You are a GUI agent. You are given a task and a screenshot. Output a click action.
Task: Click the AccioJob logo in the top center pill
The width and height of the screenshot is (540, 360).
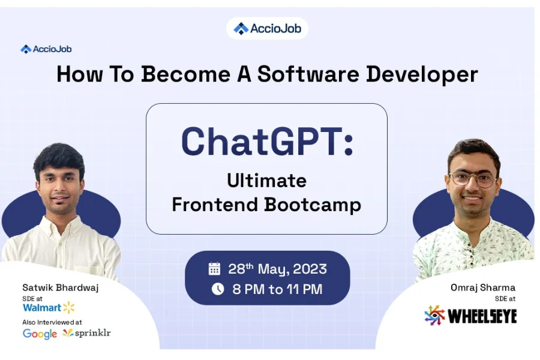point(267,28)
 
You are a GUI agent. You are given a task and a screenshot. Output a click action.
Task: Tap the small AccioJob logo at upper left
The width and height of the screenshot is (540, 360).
point(46,49)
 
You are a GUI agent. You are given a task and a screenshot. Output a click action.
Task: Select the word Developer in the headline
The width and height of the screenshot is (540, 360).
point(422,74)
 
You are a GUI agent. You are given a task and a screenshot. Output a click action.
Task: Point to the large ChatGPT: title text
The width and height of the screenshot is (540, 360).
point(267,142)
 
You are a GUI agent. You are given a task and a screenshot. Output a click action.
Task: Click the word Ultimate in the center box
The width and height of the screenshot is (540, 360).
point(266,181)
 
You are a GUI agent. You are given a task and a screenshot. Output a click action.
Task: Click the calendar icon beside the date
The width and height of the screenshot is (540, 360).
point(214,269)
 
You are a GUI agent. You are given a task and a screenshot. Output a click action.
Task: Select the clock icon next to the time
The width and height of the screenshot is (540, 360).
point(217,289)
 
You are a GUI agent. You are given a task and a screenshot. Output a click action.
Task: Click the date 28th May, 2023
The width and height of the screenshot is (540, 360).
point(277,269)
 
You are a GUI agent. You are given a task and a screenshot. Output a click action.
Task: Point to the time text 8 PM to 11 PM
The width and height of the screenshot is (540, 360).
point(277,289)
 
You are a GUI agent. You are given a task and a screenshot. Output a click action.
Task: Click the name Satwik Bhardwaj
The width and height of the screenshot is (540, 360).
point(61,287)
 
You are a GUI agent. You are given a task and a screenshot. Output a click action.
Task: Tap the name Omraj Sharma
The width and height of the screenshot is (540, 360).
point(483,287)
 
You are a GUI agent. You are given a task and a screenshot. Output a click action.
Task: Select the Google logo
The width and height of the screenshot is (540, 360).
point(40,334)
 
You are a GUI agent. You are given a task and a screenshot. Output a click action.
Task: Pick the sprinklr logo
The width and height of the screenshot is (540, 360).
point(87,333)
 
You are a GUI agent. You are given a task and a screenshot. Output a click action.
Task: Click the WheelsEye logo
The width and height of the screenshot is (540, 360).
point(470,316)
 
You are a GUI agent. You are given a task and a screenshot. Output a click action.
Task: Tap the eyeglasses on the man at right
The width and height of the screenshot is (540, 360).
point(473,179)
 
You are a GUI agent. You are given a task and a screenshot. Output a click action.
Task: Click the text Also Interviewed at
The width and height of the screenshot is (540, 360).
point(52,322)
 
